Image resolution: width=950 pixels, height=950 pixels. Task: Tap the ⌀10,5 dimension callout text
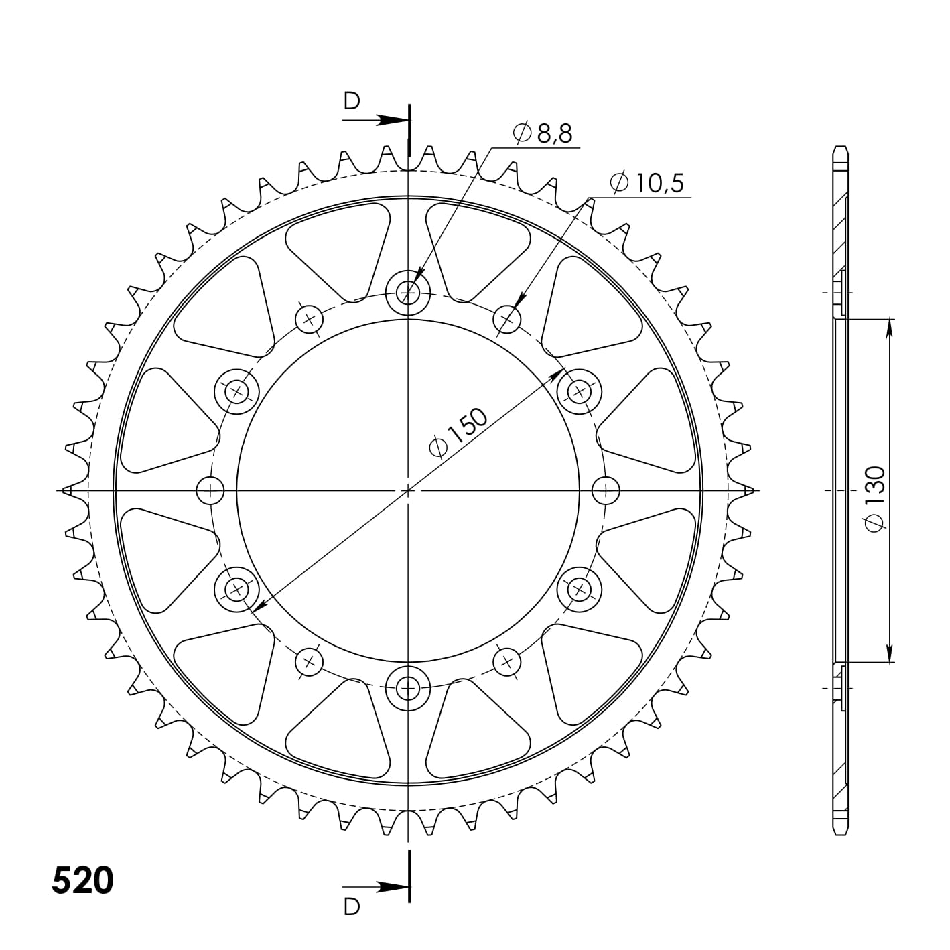point(647,182)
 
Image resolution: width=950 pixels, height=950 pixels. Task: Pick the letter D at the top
point(352,101)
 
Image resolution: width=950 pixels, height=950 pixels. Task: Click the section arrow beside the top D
point(389,121)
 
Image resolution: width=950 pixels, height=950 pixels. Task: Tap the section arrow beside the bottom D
point(389,886)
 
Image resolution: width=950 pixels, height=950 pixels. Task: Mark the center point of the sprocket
point(408,491)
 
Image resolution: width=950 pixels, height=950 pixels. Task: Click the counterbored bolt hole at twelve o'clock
point(408,292)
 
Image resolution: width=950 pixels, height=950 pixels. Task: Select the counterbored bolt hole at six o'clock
point(408,687)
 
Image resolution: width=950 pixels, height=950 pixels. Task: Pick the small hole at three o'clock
point(606,490)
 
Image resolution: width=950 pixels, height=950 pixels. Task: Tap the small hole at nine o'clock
point(210,490)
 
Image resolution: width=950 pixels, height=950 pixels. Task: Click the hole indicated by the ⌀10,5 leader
point(507,320)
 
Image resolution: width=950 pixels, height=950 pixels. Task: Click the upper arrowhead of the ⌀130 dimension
point(889,328)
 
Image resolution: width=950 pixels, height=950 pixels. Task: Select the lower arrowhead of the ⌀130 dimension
point(889,653)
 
